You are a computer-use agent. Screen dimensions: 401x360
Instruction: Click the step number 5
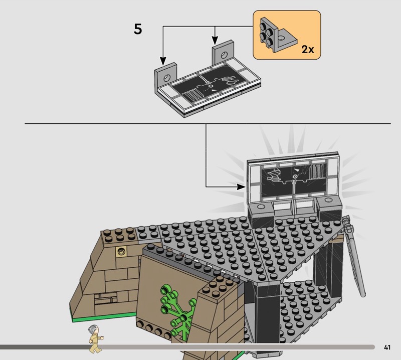(x=138, y=29)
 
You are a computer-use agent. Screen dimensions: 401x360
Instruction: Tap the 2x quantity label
(x=308, y=49)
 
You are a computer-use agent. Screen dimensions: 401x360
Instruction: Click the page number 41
(x=387, y=347)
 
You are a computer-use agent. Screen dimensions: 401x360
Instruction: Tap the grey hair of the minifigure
(x=93, y=329)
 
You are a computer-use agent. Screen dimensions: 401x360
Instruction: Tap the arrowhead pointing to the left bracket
(x=163, y=61)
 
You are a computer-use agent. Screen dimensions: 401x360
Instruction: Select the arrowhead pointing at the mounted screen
(x=241, y=187)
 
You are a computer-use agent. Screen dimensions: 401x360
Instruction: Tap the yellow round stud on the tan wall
(x=121, y=252)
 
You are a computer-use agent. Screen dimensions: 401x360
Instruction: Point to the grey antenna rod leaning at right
(x=354, y=256)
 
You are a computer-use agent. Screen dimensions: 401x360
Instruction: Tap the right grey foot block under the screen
(x=329, y=207)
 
